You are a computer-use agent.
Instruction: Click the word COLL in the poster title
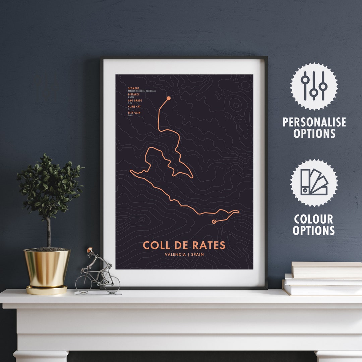pos(155,245)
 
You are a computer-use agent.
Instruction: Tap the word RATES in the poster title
pos(209,245)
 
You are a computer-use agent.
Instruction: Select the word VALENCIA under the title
pos(176,254)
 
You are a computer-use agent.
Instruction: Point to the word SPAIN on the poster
pos(197,254)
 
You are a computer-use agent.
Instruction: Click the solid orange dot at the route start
pos(169,98)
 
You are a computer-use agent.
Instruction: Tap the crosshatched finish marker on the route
pos(214,222)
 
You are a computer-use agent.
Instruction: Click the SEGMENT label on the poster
pos(133,88)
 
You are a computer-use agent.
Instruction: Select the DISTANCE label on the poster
pos(134,95)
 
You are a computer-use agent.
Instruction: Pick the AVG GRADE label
pos(135,101)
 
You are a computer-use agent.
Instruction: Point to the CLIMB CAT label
pos(135,107)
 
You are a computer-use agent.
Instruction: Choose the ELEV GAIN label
pos(134,113)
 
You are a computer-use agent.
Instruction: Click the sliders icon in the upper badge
pos(314,86)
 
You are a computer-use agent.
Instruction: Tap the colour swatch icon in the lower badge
pos(314,182)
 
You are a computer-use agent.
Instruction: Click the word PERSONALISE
pos(314,122)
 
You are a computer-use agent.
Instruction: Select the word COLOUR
pos(314,219)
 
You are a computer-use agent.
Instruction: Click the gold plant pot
pos(47,268)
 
